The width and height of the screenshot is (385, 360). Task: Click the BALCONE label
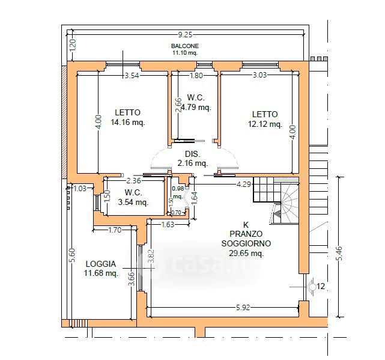(x=185, y=46)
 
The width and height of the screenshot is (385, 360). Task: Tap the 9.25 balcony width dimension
(x=185, y=35)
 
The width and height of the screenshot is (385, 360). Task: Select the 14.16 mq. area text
(x=128, y=122)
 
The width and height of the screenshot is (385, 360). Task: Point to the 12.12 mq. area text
(x=265, y=124)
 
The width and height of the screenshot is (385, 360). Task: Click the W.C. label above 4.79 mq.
(x=196, y=97)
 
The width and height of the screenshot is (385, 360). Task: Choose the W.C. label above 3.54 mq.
(x=133, y=192)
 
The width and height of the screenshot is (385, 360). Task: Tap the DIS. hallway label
(x=193, y=154)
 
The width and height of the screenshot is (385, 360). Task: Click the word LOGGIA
(x=101, y=264)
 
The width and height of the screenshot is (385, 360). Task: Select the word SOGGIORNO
(x=246, y=243)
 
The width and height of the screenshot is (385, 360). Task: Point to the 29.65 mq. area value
(x=246, y=253)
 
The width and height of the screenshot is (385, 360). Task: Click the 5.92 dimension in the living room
(x=243, y=308)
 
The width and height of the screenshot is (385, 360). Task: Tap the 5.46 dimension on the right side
(x=339, y=253)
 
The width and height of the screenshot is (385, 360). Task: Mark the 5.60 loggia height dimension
(x=73, y=255)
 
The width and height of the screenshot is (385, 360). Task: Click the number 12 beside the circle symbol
(x=321, y=286)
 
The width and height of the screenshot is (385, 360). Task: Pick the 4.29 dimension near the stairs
(x=244, y=184)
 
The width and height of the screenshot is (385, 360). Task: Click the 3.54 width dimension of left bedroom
(x=132, y=75)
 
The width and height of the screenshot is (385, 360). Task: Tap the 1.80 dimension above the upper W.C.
(x=196, y=75)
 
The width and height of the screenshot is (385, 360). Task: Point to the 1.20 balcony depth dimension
(x=73, y=45)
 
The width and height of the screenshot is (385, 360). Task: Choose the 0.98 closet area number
(x=178, y=189)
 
